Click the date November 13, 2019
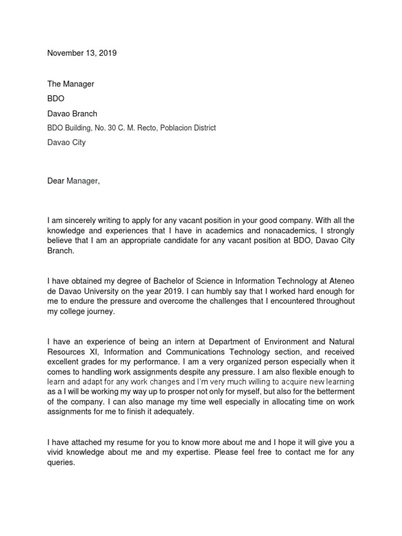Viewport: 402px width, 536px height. coord(82,53)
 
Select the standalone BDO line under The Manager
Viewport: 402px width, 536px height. coord(55,98)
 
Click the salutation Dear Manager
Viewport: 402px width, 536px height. coord(73,181)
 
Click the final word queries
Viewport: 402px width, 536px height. coord(61,462)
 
